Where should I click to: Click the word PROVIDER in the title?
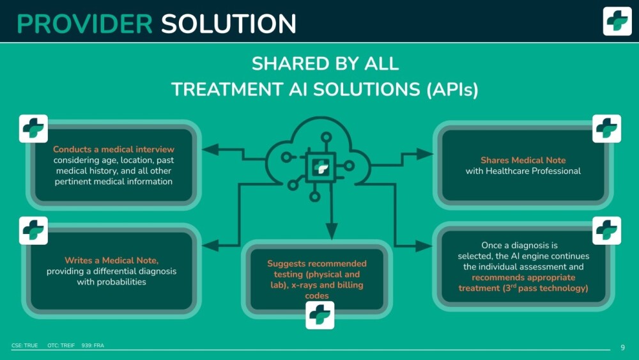click(x=85, y=24)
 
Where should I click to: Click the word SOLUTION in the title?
click(x=229, y=24)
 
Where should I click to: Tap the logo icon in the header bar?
click(x=617, y=21)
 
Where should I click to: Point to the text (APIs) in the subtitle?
click(x=452, y=90)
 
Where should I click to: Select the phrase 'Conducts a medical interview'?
click(x=114, y=149)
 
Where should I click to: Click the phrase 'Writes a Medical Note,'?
click(x=112, y=260)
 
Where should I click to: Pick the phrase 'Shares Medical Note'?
click(x=523, y=160)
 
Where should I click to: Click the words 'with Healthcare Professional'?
click(x=523, y=171)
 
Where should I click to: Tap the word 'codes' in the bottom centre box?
click(x=317, y=295)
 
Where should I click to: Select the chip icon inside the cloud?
click(x=321, y=167)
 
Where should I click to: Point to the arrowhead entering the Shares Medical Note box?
click(x=425, y=154)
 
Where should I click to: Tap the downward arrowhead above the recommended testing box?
click(x=332, y=231)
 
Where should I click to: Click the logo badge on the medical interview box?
click(x=33, y=129)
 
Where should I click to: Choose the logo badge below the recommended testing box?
click(x=320, y=315)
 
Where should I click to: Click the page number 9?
click(x=622, y=347)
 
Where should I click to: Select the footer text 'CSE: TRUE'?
click(x=24, y=345)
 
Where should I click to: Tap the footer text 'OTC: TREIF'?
click(x=61, y=345)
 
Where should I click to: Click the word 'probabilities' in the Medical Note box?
click(x=112, y=282)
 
